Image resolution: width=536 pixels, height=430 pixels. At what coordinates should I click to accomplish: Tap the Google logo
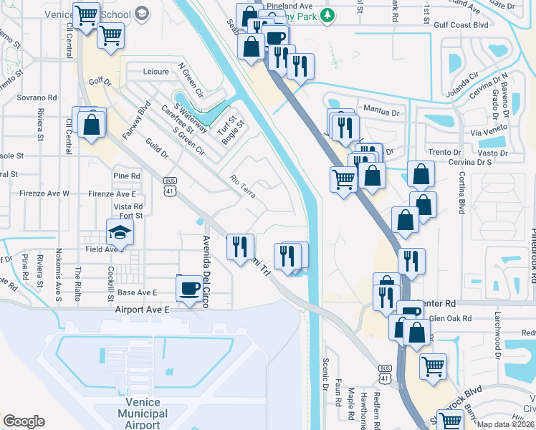(24, 421)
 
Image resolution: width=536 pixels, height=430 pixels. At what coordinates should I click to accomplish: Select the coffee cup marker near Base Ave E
(189, 290)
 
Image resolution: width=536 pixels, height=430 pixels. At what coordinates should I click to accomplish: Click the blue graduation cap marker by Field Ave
(120, 232)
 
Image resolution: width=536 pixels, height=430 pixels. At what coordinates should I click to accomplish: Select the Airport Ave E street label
(142, 309)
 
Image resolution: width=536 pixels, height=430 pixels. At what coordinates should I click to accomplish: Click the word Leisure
(155, 72)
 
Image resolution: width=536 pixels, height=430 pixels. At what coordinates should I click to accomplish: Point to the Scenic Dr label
(325, 373)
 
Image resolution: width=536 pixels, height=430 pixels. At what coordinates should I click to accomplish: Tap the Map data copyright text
(506, 424)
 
